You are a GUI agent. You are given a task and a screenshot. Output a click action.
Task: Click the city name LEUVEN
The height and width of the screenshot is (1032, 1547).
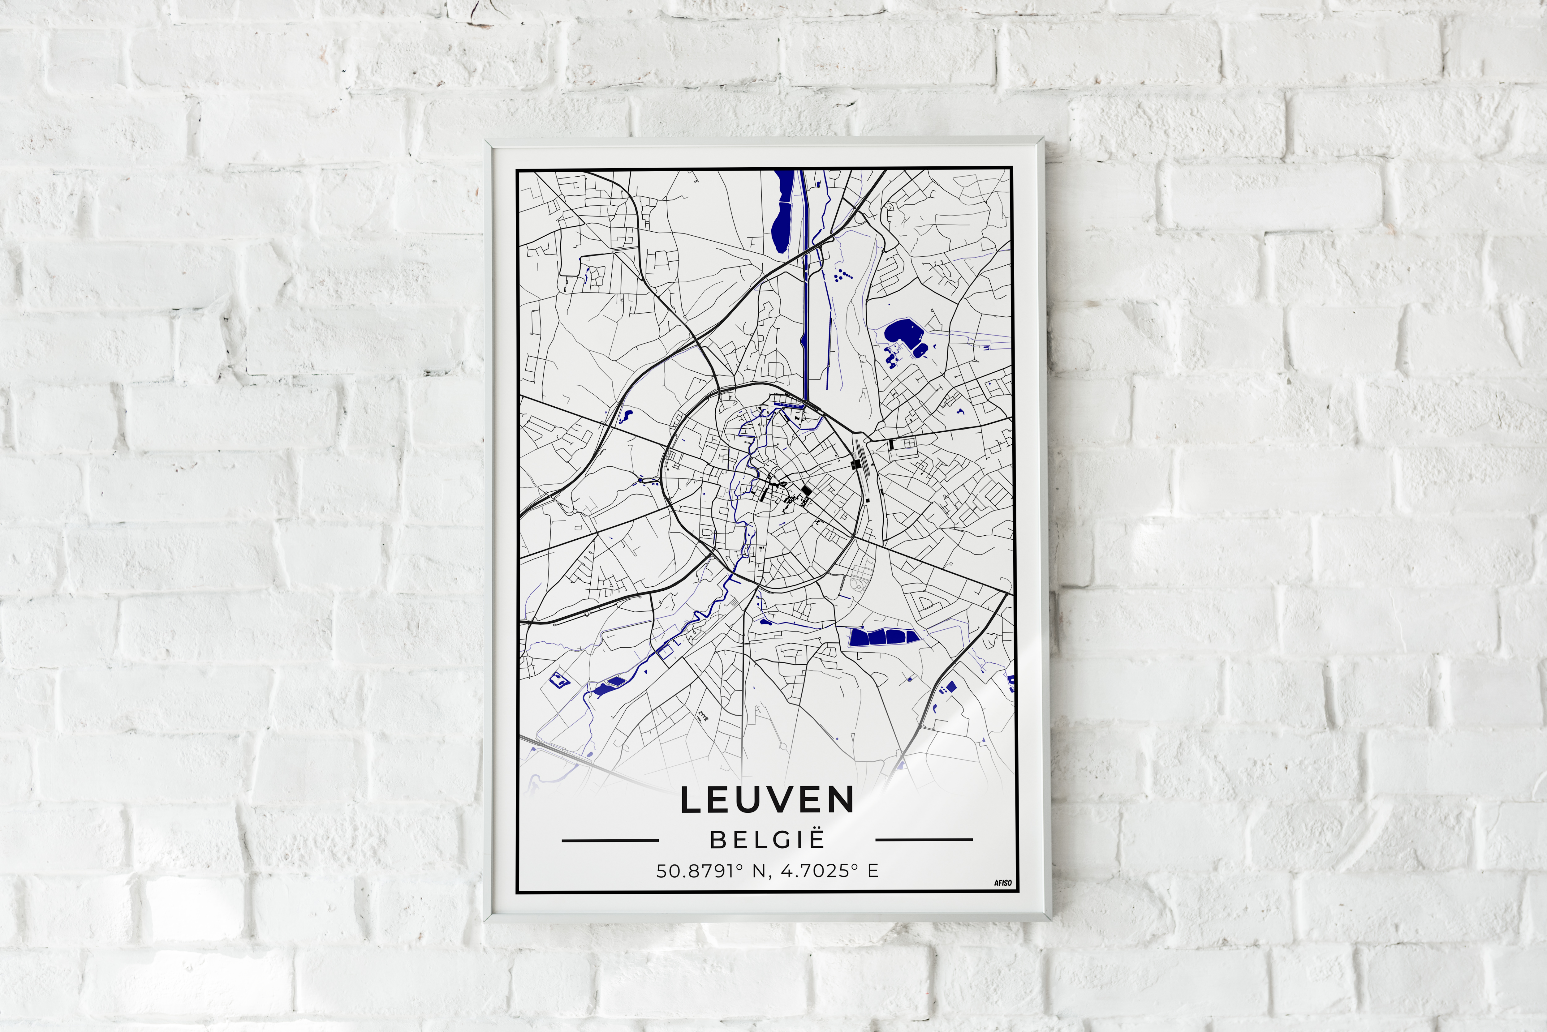(767, 800)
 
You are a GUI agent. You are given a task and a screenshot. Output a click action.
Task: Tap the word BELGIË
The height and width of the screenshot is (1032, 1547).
(767, 841)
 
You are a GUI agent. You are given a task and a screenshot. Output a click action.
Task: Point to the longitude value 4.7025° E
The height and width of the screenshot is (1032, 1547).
(830, 871)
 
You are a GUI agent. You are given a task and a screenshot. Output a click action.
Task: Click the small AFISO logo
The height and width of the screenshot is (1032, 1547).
(1002, 883)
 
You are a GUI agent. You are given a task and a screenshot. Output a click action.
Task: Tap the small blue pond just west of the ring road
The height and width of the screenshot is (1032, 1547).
(626, 415)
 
